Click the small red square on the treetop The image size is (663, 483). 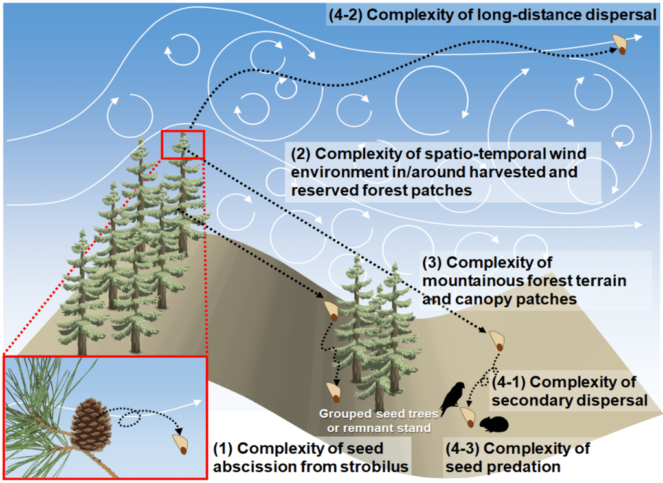tap(183, 144)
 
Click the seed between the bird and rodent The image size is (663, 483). tap(467, 416)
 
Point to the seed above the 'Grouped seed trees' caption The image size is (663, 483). tap(335, 390)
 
